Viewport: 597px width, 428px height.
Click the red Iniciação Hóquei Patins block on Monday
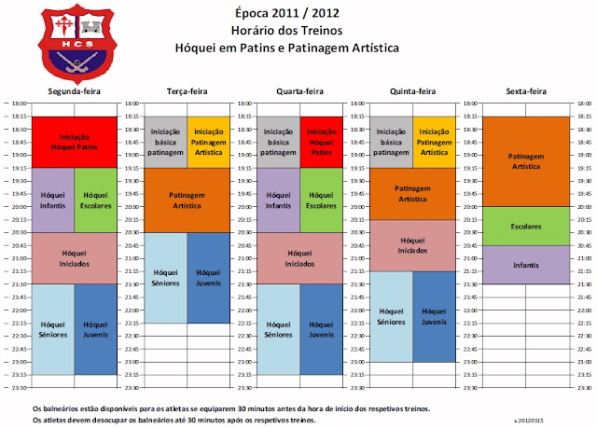pos(73,142)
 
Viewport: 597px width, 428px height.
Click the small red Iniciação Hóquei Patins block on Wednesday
pos(321,142)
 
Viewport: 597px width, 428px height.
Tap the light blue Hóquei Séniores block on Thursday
pos(391,315)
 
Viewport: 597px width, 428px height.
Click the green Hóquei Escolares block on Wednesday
pos(321,200)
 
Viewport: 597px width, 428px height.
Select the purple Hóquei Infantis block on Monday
pos(52,200)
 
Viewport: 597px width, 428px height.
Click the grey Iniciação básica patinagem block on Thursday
pos(391,142)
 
